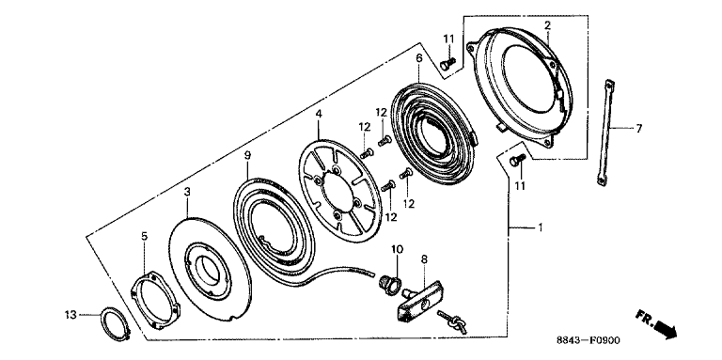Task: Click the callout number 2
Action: pos(547,24)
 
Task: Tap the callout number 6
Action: pos(418,58)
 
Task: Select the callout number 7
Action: pos(638,129)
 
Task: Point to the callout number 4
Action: pos(319,113)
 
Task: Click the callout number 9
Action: pos(247,156)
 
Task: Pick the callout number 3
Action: pos(186,192)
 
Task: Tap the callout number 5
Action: pos(144,236)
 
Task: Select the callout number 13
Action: pos(70,315)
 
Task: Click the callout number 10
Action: pos(398,249)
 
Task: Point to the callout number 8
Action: pos(424,259)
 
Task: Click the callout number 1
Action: pos(541,227)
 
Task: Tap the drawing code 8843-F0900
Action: pos(588,340)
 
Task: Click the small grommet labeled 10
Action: pos(389,284)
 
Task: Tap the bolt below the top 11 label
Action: pos(447,64)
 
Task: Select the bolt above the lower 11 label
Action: pos(518,160)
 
